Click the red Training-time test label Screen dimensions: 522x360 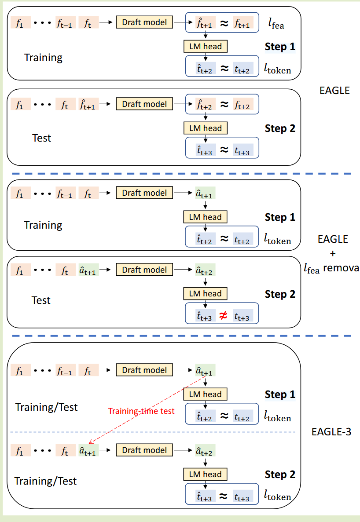coord(141,412)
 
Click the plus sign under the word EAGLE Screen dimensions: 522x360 coord(332,254)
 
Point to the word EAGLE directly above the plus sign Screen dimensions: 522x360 coord(332,239)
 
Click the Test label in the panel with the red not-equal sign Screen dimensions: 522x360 coord(41,300)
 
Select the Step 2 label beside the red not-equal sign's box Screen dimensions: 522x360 coord(280,294)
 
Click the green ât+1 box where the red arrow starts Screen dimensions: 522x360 coord(206,371)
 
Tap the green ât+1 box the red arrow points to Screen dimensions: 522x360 coord(88,450)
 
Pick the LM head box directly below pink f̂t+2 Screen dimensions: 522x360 coord(205,128)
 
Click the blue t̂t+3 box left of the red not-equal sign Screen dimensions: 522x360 coord(206,315)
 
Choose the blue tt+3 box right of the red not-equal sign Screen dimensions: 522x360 coord(243,315)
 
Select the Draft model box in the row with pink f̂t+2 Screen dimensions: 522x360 coord(144,104)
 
